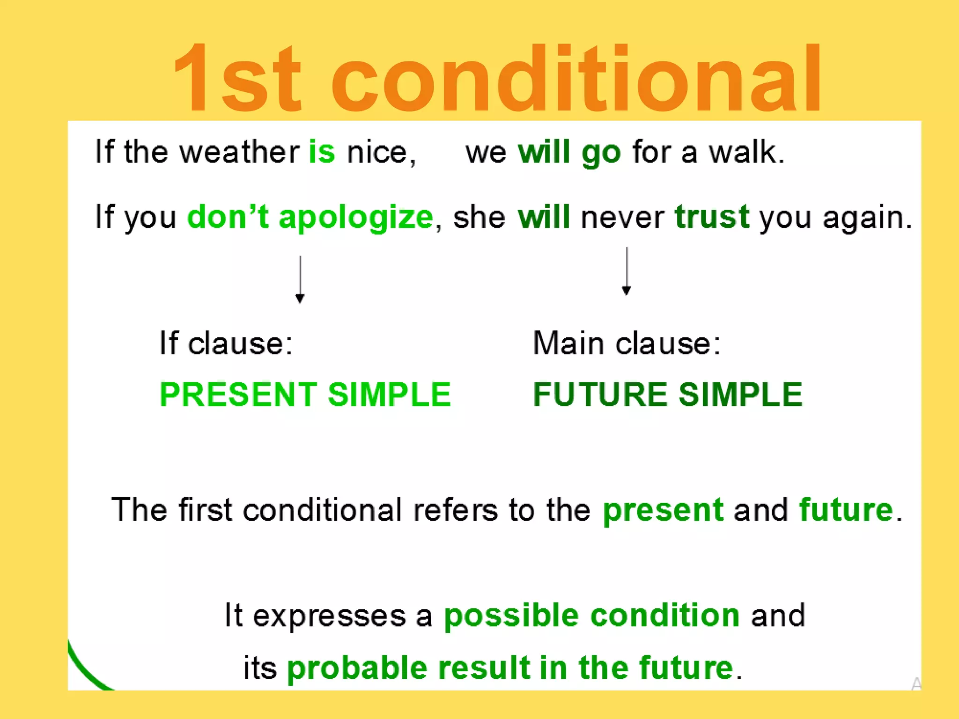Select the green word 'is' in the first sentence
(322, 152)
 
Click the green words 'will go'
(569, 153)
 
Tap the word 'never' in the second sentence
(622, 218)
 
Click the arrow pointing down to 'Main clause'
(627, 272)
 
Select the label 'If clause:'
(226, 343)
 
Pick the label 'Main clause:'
(627, 343)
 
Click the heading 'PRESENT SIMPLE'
(305, 395)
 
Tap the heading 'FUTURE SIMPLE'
(668, 395)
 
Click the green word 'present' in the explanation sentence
(663, 511)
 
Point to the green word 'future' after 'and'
(846, 510)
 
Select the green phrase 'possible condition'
(591, 616)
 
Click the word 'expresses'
(329, 616)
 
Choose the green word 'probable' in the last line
(357, 668)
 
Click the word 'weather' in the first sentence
(239, 152)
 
